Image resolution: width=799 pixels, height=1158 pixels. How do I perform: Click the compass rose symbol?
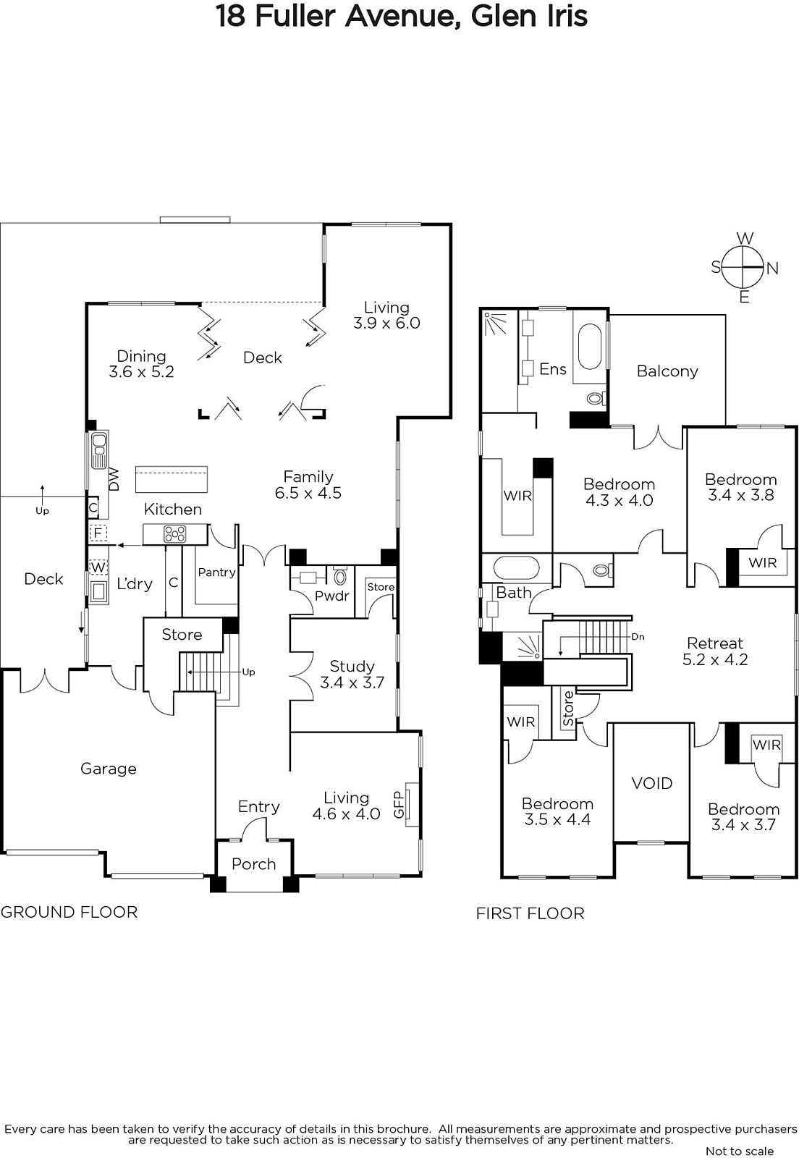pos(743,267)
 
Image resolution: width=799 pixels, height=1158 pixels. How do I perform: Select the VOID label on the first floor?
pos(651,783)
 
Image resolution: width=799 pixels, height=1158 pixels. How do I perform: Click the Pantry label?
pos(216,572)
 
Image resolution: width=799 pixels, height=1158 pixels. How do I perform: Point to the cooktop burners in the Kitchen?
pos(174,534)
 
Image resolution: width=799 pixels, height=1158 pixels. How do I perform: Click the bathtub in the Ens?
pos(590,347)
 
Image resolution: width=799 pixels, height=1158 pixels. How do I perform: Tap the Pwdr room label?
pos(331,596)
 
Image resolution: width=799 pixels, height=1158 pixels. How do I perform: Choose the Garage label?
pos(109,769)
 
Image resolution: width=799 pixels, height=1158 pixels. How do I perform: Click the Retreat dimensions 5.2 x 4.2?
pos(715,659)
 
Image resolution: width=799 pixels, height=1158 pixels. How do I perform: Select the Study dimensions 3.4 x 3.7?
pos(352,682)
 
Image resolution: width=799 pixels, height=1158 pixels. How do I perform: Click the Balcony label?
pos(667,371)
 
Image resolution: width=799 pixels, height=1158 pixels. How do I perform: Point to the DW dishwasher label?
pos(114,479)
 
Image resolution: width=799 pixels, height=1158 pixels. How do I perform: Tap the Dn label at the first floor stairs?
pos(638,637)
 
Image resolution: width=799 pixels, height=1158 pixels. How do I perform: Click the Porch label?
pos(254,864)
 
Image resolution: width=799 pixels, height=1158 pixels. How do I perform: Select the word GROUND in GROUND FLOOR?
pos(36,913)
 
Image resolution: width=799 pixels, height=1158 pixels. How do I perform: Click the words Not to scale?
pos(740,1151)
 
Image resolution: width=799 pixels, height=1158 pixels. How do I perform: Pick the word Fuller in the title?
pos(295,17)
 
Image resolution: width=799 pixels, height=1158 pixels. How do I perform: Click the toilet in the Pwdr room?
pos(341,575)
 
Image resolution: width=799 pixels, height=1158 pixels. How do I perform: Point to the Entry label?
pos(259,807)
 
